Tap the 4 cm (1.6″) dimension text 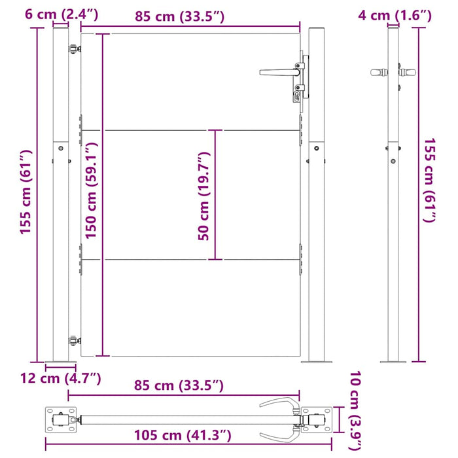pyautogui.click(x=395, y=14)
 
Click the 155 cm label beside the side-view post pyautogui.click(x=429, y=180)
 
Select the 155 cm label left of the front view pyautogui.click(x=26, y=196)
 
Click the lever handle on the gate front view pyautogui.click(x=278, y=73)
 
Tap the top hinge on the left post pyautogui.click(x=72, y=48)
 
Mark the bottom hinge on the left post pyautogui.click(x=73, y=340)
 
